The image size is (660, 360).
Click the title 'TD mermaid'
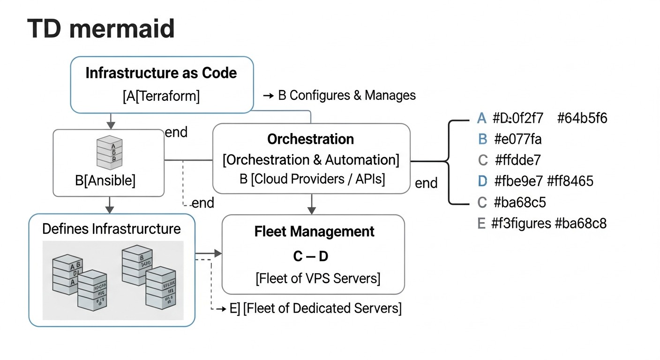[x=101, y=29]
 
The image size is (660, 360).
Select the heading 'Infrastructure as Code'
[x=161, y=73]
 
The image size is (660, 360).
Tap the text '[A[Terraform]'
[x=161, y=96]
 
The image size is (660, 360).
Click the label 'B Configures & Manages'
[x=346, y=95]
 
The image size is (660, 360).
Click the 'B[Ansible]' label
[x=109, y=180]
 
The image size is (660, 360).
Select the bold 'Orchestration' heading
[x=310, y=139]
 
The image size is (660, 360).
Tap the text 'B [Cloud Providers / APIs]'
[x=312, y=179]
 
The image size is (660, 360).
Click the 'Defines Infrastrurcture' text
[x=111, y=229]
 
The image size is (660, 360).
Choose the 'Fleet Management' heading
[x=314, y=232]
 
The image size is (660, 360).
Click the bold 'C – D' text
[x=310, y=256]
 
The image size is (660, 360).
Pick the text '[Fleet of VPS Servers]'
[x=318, y=278]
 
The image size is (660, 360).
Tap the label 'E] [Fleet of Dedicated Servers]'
[x=315, y=308]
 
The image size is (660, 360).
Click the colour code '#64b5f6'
[x=582, y=118]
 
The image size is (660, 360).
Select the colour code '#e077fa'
[x=518, y=139]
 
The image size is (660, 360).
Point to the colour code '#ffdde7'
[x=517, y=160]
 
